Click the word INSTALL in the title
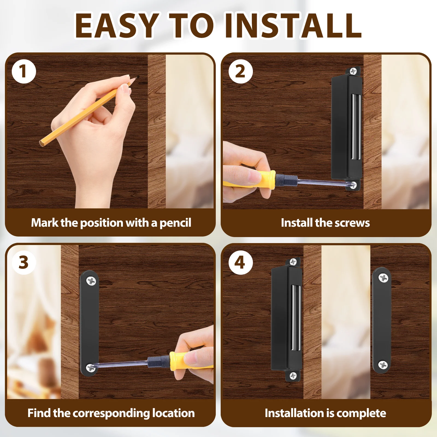pos(294,25)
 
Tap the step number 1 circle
pos(24,71)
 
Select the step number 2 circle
pos(241,71)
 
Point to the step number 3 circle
pos(24,262)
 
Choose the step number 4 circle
pos(241,262)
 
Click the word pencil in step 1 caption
pos(175,223)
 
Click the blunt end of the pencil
pos(42,142)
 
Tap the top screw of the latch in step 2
pos(353,71)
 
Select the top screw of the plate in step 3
pos(91,281)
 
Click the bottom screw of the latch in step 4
pos(293,376)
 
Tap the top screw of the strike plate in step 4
pos(383,278)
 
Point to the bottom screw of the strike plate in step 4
pos(383,365)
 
